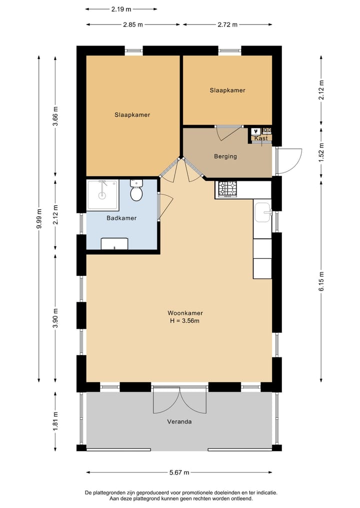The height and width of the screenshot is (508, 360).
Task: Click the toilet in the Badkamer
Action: tap(136, 190)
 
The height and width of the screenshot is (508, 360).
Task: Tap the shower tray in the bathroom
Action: tap(103, 194)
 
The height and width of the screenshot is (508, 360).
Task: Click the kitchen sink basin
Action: tap(262, 212)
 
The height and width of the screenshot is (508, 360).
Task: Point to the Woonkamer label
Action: tap(185, 313)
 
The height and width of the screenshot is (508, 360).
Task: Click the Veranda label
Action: tap(179, 422)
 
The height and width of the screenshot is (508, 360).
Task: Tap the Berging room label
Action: tap(225, 156)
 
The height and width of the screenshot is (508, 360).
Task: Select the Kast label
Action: tap(261, 138)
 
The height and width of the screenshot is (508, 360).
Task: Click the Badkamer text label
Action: tap(121, 218)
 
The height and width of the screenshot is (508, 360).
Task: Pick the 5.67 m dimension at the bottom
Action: tap(179, 473)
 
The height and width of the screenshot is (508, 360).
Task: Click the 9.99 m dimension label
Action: tap(39, 219)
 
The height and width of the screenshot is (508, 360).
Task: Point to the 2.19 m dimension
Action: tap(121, 9)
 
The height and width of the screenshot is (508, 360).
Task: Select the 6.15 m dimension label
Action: tap(321, 281)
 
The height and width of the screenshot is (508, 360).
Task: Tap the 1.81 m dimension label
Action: tap(55, 421)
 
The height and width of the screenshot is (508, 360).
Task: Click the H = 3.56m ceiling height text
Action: tap(184, 321)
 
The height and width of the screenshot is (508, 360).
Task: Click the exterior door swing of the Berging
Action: tap(289, 161)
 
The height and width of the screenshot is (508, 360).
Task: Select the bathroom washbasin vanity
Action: tap(114, 244)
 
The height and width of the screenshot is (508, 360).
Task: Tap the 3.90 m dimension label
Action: tap(55, 318)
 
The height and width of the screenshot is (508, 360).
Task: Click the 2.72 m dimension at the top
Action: tap(227, 24)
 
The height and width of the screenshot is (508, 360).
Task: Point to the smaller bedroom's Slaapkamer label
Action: tap(227, 90)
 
